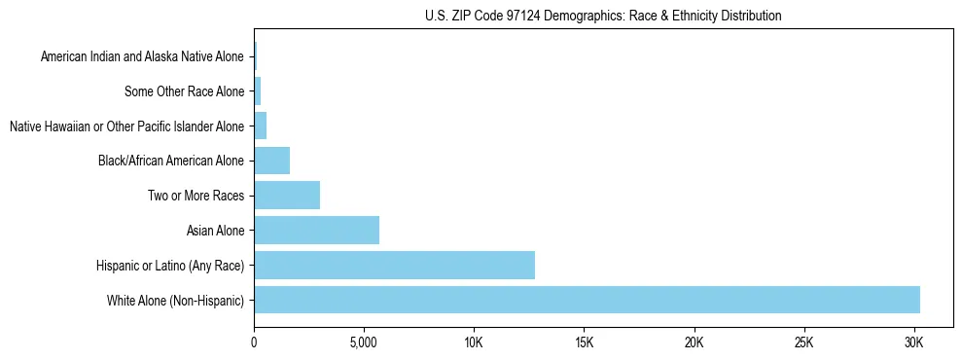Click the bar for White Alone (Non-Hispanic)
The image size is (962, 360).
click(x=587, y=300)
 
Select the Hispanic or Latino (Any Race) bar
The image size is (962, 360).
click(x=394, y=265)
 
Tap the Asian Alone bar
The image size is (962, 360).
click(x=316, y=230)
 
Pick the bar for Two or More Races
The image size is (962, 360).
click(x=287, y=195)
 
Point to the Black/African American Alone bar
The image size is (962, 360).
click(x=271, y=160)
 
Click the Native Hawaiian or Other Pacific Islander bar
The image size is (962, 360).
click(x=260, y=126)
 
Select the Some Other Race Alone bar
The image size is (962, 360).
click(x=257, y=91)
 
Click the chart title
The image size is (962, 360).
click(x=603, y=16)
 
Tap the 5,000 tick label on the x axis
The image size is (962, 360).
click(x=363, y=343)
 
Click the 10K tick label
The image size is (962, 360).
click(x=474, y=343)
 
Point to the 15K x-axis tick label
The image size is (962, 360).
click(x=584, y=343)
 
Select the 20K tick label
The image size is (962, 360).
click(x=694, y=343)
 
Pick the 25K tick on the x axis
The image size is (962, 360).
click(x=803, y=343)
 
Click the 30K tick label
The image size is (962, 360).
click(x=913, y=343)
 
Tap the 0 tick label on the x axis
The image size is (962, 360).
click(x=254, y=343)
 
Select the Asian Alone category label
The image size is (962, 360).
click(x=215, y=231)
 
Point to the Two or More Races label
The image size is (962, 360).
click(x=195, y=196)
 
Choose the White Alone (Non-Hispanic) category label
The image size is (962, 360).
click(x=176, y=300)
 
